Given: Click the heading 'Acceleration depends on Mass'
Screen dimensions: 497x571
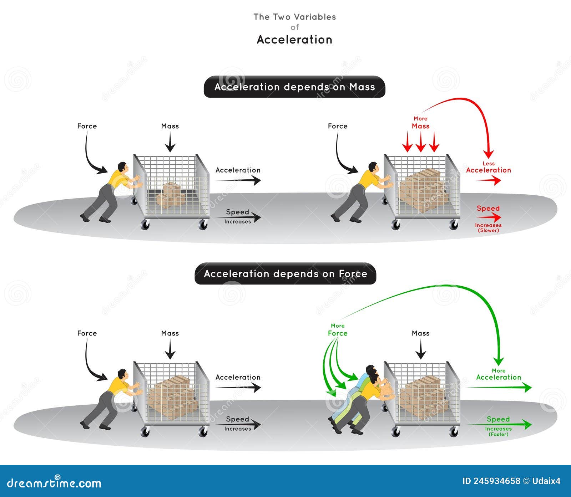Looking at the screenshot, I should tap(294, 87).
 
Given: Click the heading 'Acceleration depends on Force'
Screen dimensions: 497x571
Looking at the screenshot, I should tap(285, 274).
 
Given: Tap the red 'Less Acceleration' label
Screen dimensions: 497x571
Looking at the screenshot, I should tap(488, 168).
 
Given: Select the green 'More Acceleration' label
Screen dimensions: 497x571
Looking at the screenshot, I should tap(499, 375).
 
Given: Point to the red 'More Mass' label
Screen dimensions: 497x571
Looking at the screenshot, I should tap(420, 123).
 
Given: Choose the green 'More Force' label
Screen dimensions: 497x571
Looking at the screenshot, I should tap(338, 330).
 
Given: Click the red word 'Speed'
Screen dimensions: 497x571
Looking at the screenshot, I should tap(488, 208).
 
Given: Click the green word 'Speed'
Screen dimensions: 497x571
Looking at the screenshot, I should tap(498, 419).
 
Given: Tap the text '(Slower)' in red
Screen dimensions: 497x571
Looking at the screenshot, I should tap(488, 230).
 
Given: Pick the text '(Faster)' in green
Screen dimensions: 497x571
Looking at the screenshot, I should tap(499, 434).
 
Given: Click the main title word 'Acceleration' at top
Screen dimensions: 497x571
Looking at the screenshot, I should tap(294, 40).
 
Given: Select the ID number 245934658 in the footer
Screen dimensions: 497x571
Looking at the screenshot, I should tap(496, 481).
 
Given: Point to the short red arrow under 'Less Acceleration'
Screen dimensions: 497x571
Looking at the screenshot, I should tap(489, 181).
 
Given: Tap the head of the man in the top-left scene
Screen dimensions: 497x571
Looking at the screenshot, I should tap(122, 167).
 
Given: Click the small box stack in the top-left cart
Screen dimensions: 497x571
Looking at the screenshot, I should tap(170, 195).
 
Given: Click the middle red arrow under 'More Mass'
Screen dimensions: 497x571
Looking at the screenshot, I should tap(420, 142).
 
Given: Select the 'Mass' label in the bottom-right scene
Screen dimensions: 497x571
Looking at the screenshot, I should tap(420, 333).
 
